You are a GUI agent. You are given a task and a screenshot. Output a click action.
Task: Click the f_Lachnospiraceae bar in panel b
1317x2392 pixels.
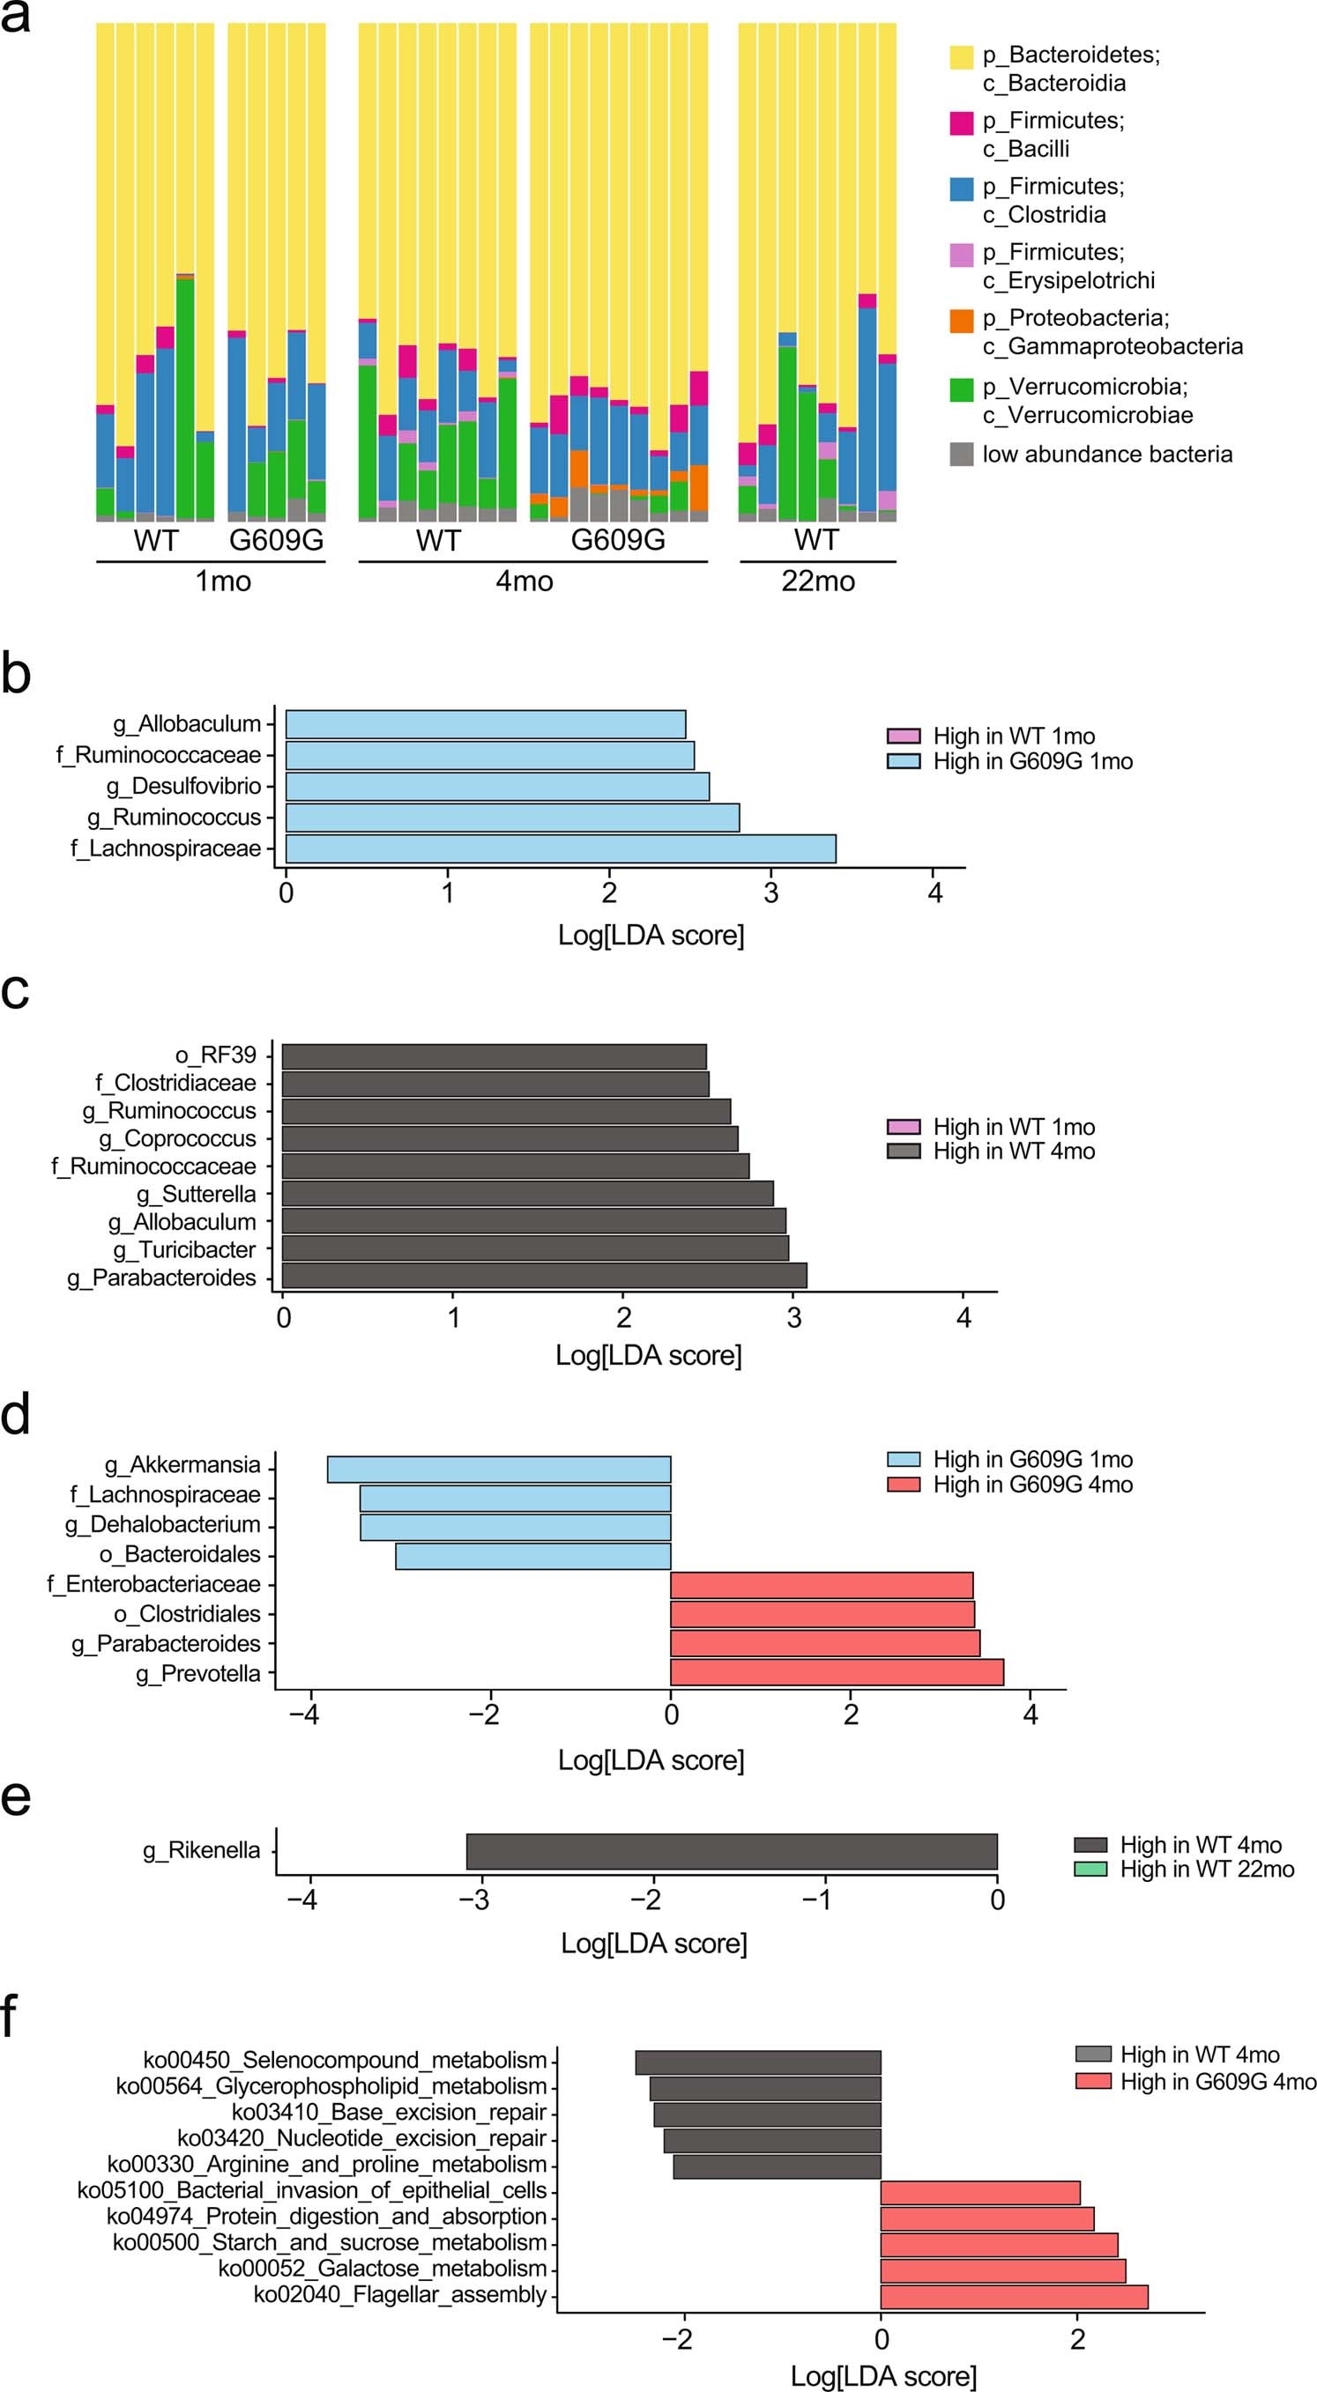560,848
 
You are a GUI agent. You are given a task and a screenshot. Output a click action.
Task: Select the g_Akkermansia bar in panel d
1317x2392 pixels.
499,1469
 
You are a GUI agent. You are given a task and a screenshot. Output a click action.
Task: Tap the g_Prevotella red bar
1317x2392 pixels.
836,1672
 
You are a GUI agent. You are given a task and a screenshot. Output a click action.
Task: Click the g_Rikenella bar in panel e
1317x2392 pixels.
731,1852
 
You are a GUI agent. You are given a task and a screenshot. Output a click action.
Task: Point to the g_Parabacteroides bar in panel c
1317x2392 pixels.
544,1276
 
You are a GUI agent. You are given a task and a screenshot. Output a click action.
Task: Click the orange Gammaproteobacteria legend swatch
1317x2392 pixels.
961,321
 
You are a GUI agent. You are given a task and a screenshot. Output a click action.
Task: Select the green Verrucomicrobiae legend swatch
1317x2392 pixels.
961,390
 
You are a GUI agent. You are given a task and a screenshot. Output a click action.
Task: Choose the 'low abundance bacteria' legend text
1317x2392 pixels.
1107,454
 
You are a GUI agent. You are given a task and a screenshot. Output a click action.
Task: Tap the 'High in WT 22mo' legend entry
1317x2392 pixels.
1207,1870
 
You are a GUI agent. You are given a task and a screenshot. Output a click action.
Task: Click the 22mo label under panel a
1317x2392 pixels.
817,581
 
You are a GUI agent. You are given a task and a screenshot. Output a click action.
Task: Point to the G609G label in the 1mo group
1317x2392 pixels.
276,540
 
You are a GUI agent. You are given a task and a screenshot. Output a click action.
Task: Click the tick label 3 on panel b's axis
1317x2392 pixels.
770,893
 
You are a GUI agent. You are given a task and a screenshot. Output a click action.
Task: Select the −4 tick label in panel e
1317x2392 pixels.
301,1900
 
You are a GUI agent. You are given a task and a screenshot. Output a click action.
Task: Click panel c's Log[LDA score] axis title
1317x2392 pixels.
648,1356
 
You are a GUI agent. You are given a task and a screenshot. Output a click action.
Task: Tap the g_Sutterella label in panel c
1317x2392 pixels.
196,1194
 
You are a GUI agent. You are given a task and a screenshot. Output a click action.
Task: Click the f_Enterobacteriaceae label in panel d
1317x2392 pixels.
154,1584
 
